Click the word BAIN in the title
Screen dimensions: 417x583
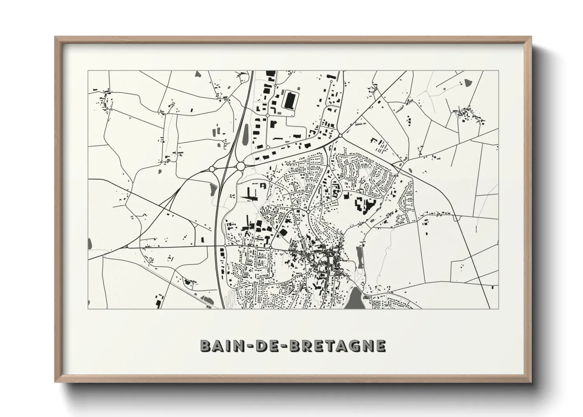[x=220, y=346]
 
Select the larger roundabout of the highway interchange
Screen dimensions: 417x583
[x=240, y=167]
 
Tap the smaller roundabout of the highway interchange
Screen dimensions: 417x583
[x=212, y=169]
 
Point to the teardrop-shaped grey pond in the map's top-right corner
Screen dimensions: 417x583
[x=468, y=83]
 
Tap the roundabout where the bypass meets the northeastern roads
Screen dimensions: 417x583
[x=340, y=136]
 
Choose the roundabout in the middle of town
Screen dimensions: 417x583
[x=307, y=212]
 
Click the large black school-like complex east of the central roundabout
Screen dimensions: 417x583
[x=364, y=205]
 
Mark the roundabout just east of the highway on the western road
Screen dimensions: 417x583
[x=225, y=246]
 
